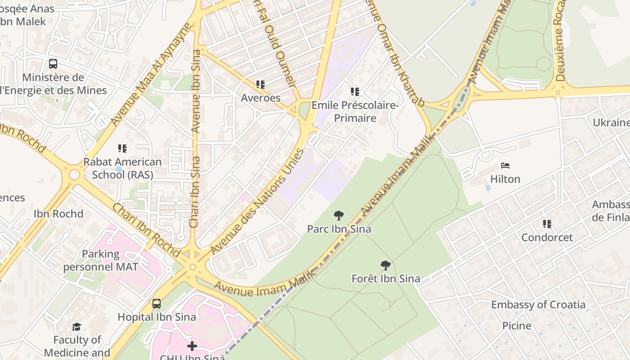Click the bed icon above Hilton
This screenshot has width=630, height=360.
[505, 166]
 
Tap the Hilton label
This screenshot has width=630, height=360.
[505, 179]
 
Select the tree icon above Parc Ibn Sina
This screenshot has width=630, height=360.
[339, 216]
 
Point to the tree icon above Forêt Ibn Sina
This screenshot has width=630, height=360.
[385, 265]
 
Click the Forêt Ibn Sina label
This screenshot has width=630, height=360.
[386, 279]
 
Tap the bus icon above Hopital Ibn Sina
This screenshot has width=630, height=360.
[157, 304]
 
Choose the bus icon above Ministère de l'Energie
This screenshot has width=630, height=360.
[53, 64]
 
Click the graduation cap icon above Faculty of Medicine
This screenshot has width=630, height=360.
[77, 327]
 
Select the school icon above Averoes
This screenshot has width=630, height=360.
[260, 85]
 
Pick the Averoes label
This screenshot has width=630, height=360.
[261, 98]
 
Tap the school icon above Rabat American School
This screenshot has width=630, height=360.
[122, 148]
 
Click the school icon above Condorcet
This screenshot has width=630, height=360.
[547, 224]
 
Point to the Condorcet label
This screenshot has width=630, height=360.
[547, 238]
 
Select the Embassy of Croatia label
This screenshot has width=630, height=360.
[538, 305]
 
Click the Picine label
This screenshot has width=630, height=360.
[517, 325]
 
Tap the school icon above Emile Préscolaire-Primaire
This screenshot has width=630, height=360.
[355, 92]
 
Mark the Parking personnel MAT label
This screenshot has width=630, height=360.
[100, 260]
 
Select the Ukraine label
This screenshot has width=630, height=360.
[611, 123]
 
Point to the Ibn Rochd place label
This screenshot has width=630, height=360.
[58, 214]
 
